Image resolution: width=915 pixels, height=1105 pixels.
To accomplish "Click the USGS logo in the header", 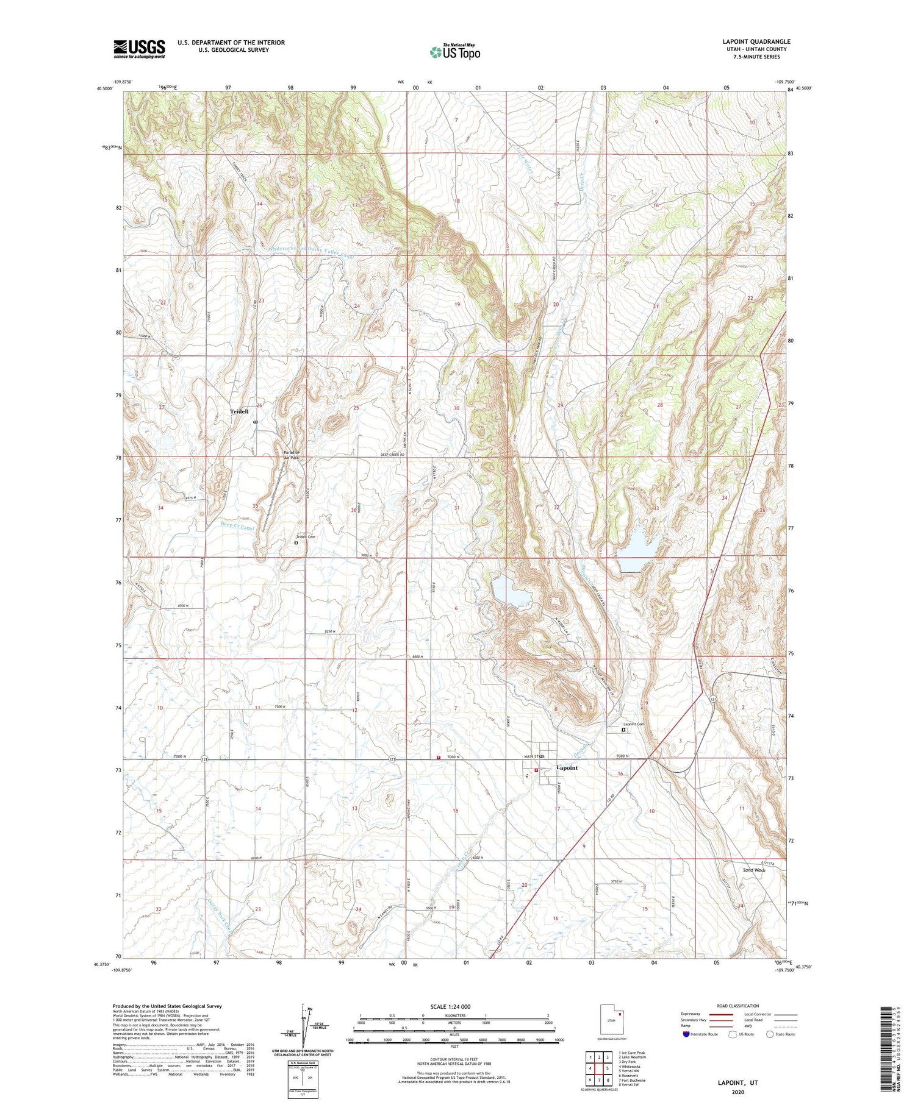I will pos(139,49).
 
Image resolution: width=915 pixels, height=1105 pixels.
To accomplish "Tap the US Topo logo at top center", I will pos(454,52).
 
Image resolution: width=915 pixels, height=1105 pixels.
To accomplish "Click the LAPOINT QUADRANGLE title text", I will pos(756,41).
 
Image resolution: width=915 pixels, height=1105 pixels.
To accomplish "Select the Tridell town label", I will pos(239,412).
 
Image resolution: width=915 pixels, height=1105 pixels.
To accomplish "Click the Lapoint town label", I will pos(567,768).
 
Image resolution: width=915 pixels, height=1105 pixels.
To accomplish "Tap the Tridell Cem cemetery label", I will pos(307,537).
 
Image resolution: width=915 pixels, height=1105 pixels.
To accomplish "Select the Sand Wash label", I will pos(754,870).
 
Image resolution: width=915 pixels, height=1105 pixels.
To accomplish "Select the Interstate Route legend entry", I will pos(700,1034).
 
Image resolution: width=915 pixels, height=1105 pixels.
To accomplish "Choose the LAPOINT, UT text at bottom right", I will pos(738,1083).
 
